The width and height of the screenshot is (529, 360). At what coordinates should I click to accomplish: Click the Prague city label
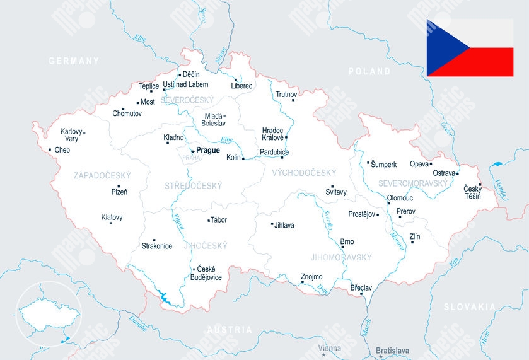click(x=208, y=150)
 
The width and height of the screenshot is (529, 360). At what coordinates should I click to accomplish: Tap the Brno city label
click(x=347, y=241)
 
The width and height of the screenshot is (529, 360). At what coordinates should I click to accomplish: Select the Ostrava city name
click(x=443, y=173)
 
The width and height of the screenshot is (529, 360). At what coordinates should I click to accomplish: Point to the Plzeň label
click(x=119, y=192)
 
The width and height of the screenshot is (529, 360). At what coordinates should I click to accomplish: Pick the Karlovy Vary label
click(x=71, y=135)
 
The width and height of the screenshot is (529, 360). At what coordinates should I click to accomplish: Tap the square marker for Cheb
click(x=50, y=149)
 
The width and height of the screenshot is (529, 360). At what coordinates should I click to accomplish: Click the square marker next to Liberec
click(x=236, y=80)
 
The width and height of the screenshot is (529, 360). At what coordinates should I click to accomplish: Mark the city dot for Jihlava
click(x=272, y=224)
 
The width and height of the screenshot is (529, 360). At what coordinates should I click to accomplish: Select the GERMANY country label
click(x=74, y=61)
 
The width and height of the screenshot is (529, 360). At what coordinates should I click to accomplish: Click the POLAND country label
click(x=369, y=71)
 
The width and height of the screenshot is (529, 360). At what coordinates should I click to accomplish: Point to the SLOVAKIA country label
click(x=469, y=307)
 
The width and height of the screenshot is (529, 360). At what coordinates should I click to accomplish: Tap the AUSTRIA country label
click(x=229, y=330)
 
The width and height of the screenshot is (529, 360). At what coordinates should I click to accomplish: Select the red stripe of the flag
click(x=485, y=62)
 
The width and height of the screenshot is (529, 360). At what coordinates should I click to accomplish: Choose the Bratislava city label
click(x=392, y=351)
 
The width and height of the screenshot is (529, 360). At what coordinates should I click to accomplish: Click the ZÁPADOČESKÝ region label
click(x=102, y=175)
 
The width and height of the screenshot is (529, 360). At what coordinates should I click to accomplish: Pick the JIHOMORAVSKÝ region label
click(x=341, y=257)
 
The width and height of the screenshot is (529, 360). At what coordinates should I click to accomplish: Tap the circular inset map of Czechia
click(x=49, y=314)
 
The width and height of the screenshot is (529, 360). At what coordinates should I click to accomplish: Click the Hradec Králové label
click(x=272, y=134)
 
